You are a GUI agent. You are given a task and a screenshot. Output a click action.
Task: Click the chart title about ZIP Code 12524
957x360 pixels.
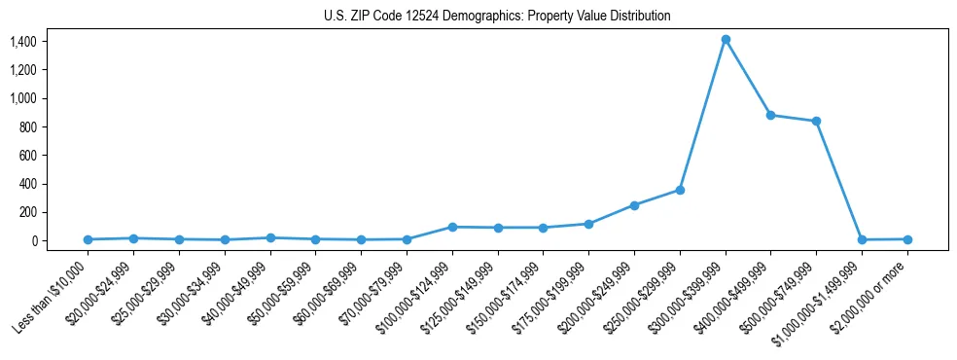[497, 16]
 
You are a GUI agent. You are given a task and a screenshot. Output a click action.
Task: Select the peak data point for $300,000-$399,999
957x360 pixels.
[726, 40]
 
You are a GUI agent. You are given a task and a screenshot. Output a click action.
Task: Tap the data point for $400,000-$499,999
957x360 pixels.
[770, 115]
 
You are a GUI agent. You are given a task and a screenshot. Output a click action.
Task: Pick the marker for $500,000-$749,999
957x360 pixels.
[816, 122]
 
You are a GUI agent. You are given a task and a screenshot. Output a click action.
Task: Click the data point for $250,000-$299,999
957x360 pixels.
[680, 190]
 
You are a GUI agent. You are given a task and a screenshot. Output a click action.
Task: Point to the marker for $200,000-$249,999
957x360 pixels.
[634, 205]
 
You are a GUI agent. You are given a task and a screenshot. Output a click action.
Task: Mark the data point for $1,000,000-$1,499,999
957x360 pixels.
[862, 239]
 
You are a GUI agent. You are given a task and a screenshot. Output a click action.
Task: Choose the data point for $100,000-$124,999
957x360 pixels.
[452, 227]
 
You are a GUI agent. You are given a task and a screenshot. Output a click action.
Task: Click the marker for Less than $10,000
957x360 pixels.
[88, 239]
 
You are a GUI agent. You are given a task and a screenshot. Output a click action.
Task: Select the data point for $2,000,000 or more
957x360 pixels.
[907, 239]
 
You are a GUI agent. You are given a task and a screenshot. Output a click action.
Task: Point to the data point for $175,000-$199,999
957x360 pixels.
[588, 224]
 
